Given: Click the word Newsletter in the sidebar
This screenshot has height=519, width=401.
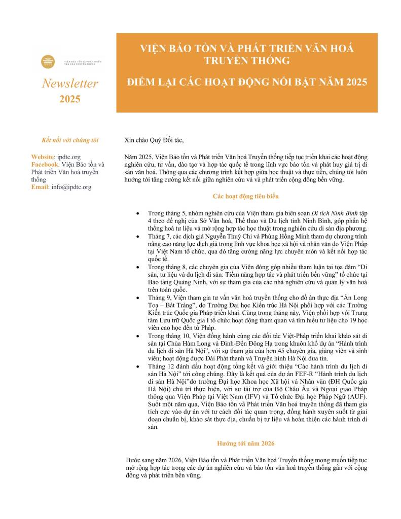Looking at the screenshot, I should coord(70,84).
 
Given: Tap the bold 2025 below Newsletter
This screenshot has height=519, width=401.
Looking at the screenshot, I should coord(69,99).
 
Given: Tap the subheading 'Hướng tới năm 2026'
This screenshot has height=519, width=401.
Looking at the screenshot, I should coord(246,443).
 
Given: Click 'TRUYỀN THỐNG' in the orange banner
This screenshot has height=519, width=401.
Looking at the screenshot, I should coord(247,60).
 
